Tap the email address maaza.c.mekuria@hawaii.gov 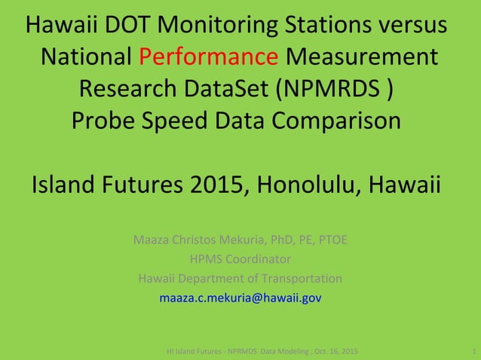[x=240, y=297]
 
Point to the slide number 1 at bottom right [x=472, y=352]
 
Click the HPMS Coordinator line [x=240, y=260]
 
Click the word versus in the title [x=412, y=25]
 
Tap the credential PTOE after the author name [x=332, y=241]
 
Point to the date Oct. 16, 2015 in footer [x=333, y=352]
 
